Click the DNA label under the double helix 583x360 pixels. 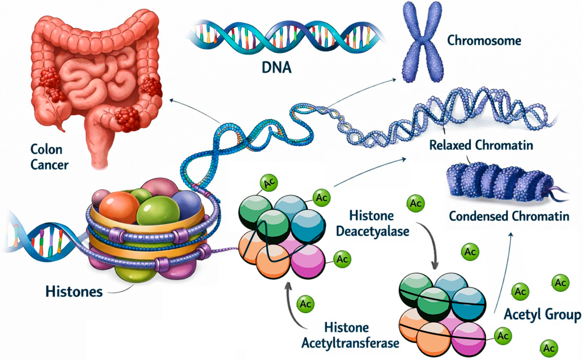(277, 67)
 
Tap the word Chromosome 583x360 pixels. (484, 40)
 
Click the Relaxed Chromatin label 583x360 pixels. (481, 145)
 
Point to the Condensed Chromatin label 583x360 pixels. (509, 216)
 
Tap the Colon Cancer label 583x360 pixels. (49, 157)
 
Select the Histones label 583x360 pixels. (74, 291)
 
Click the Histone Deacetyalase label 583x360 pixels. (373, 223)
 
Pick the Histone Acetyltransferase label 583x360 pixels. (350, 335)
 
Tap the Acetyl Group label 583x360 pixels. (542, 315)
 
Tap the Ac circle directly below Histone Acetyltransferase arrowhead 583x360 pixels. (306, 304)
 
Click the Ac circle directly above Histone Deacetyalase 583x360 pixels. (415, 204)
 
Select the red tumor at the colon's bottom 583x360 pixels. (128, 119)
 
